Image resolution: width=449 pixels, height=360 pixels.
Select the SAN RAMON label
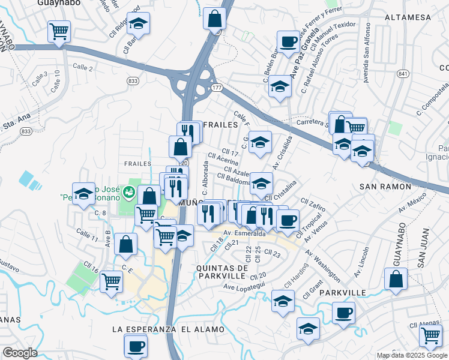coord(384,187)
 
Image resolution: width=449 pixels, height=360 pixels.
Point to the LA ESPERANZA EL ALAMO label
coord(168,329)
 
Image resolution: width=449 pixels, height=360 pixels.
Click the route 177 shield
coord(215,88)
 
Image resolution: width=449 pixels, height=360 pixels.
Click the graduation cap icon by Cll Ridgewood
coord(138,24)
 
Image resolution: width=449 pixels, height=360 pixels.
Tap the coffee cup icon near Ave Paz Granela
coord(288,41)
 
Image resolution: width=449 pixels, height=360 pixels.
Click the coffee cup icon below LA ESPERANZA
coord(135,345)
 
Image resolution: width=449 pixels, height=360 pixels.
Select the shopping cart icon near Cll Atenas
coord(431,338)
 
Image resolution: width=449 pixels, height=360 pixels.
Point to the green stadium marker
coord(128,192)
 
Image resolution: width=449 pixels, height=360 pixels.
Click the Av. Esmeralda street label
coord(244,233)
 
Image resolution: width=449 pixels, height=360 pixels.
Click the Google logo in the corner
coord(20,353)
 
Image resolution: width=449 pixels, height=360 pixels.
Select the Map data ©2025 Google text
coord(411,355)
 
